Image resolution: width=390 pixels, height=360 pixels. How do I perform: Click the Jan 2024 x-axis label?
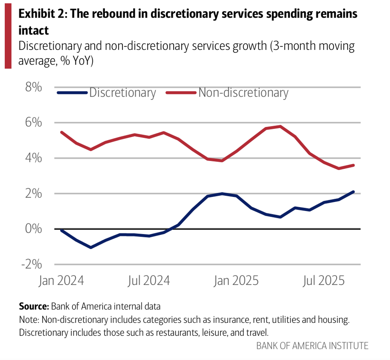(61, 280)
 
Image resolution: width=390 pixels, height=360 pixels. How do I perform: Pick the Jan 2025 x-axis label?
(236, 280)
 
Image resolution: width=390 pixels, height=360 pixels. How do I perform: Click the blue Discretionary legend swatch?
(72, 93)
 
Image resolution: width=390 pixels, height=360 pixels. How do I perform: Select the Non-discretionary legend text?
(243, 93)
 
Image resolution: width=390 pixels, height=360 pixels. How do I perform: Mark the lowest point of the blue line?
(90, 247)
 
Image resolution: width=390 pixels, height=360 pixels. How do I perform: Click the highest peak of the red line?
(280, 126)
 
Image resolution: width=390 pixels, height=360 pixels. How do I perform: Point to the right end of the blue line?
(354, 192)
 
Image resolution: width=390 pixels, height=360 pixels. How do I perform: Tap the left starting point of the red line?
(61, 132)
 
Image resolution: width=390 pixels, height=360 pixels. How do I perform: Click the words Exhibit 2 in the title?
(40, 14)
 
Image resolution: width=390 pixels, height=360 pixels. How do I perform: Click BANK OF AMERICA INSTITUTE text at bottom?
(312, 346)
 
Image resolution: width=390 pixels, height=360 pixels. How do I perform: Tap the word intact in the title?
(34, 30)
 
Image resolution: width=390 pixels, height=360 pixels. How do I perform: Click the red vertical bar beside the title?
(8, 34)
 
